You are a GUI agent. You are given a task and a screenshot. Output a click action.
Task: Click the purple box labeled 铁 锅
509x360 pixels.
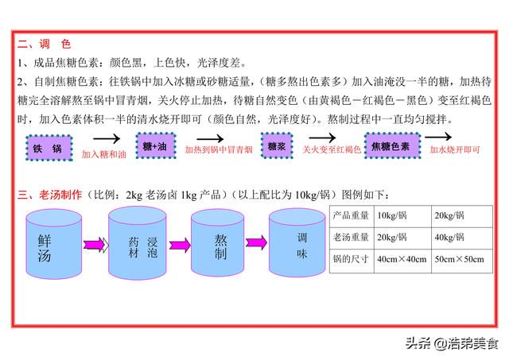coord(49,148)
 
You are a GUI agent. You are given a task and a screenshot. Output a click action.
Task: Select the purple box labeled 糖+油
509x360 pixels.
coord(156,146)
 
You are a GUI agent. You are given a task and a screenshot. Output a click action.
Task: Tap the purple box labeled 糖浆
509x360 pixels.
coord(277,145)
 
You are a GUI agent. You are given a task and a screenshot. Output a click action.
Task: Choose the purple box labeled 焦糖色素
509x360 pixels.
coord(392,145)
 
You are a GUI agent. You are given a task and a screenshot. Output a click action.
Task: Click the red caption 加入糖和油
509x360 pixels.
coord(103,154)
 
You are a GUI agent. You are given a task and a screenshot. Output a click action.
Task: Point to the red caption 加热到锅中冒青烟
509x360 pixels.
coord(219,150)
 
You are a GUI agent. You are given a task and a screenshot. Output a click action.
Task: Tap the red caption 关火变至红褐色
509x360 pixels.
coord(332,149)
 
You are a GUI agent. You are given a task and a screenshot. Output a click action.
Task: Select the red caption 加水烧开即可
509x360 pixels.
coord(455,149)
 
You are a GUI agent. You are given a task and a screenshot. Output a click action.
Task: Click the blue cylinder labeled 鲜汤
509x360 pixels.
coord(53,244)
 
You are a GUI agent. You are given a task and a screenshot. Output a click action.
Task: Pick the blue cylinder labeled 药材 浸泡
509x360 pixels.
coord(138,243)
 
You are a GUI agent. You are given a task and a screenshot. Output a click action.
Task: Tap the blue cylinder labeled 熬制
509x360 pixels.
coord(217,243)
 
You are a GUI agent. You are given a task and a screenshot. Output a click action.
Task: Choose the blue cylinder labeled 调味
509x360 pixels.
coord(297,242)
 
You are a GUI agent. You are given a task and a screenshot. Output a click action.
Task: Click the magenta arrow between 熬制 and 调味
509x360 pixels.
coord(256,242)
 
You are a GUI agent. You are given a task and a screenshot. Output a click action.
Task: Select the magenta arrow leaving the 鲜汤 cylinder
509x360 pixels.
coord(95,245)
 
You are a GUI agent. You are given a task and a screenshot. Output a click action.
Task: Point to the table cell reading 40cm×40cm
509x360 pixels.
coord(402,259)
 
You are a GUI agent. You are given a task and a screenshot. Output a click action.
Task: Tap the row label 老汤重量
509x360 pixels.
coord(351,238)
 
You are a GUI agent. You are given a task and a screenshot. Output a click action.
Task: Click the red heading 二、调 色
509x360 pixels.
coord(45,44)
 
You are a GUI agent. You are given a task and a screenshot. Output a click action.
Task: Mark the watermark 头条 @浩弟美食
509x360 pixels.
coord(452,343)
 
